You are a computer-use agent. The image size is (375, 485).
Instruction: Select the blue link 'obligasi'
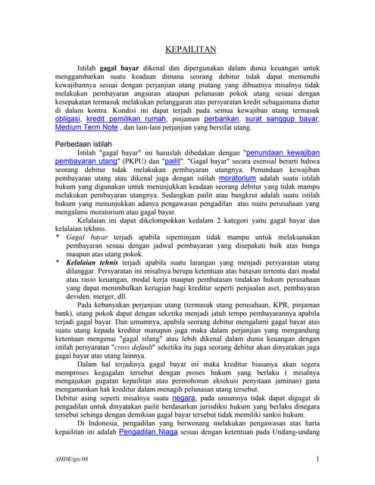click(x=71, y=120)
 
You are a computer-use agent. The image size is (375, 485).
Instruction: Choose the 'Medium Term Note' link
click(x=87, y=128)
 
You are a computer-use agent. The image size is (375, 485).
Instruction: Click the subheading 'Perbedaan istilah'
click(x=88, y=143)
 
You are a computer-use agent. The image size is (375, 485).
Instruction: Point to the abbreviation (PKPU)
click(x=135, y=161)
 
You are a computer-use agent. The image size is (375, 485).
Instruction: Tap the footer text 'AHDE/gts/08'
click(x=66, y=460)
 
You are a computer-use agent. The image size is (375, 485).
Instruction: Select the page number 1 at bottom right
click(x=316, y=459)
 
